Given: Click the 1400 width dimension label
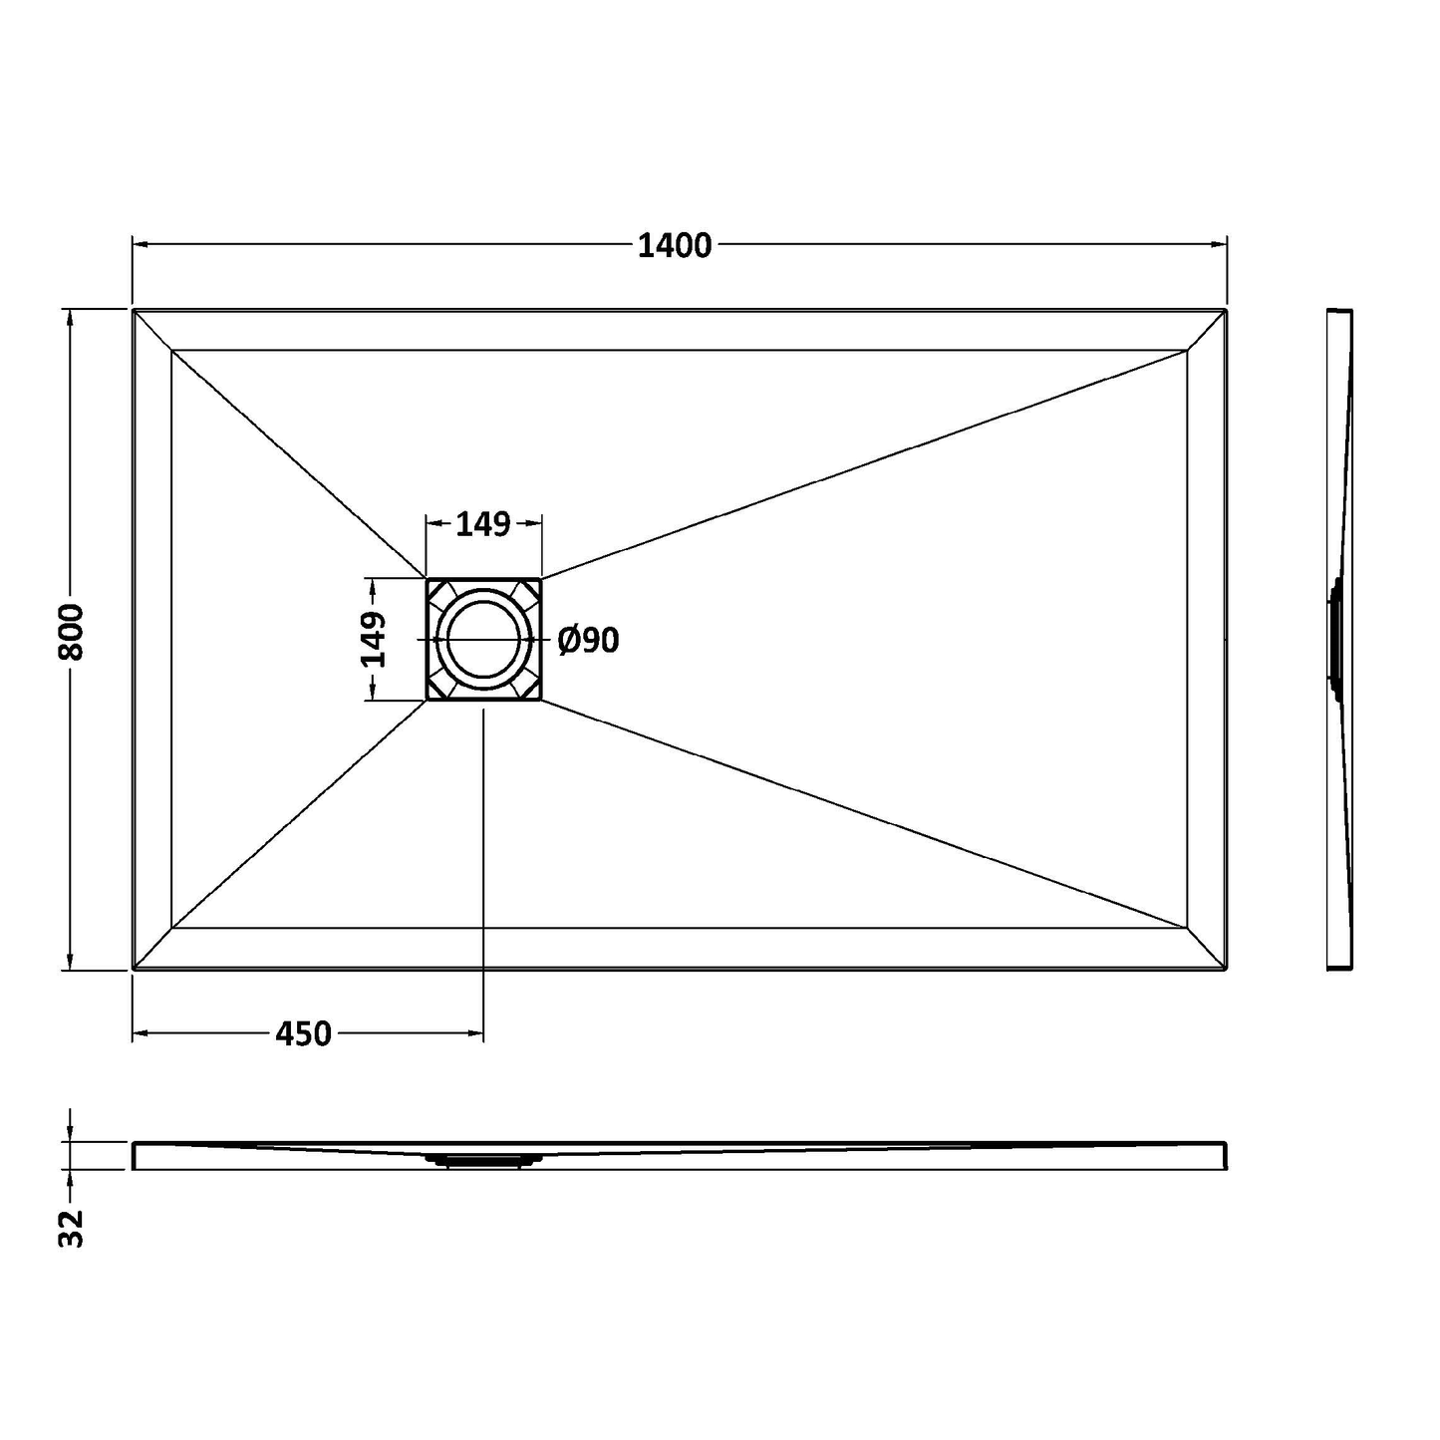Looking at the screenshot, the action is pyautogui.click(x=674, y=246).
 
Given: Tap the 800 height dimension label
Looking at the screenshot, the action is pyautogui.click(x=72, y=632).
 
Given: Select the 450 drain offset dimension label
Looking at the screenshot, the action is pyautogui.click(x=303, y=1034).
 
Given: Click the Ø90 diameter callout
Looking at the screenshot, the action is pyautogui.click(x=589, y=641).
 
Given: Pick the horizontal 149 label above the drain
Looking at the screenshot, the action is pyautogui.click(x=482, y=524).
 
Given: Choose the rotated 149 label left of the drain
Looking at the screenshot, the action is pyautogui.click(x=373, y=640).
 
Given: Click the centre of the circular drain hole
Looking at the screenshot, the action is pyautogui.click(x=483, y=640).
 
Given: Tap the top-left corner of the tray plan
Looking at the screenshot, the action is pyautogui.click(x=133, y=309).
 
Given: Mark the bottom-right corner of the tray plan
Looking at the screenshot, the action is pyautogui.click(x=1227, y=970).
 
